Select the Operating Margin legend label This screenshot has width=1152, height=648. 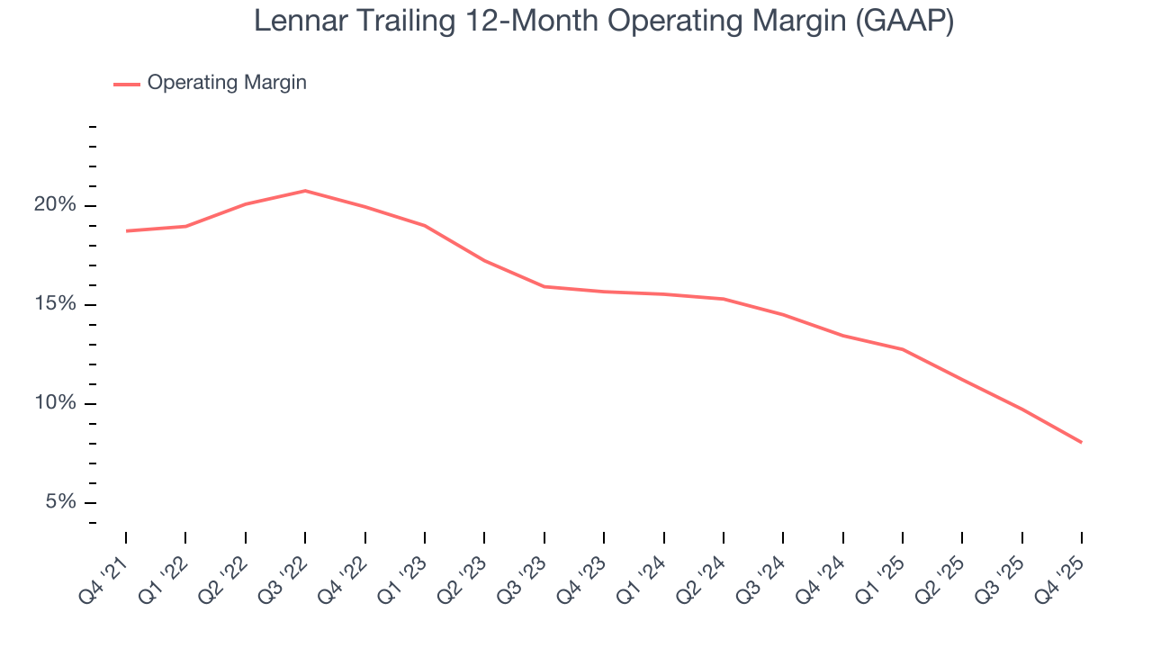tap(227, 83)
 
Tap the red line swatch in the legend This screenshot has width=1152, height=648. tap(126, 84)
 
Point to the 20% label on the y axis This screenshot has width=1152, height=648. tap(56, 205)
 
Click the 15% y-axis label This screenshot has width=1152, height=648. tap(56, 304)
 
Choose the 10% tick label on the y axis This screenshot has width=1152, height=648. tap(56, 403)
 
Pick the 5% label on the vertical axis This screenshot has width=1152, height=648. tap(61, 502)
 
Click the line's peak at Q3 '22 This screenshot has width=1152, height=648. tap(305, 191)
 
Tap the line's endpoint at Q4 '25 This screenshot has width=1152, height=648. tap(1081, 442)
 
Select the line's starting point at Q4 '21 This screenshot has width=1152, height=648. tap(126, 231)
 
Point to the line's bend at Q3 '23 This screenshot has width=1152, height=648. tap(544, 286)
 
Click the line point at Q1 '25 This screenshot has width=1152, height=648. tap(902, 349)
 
